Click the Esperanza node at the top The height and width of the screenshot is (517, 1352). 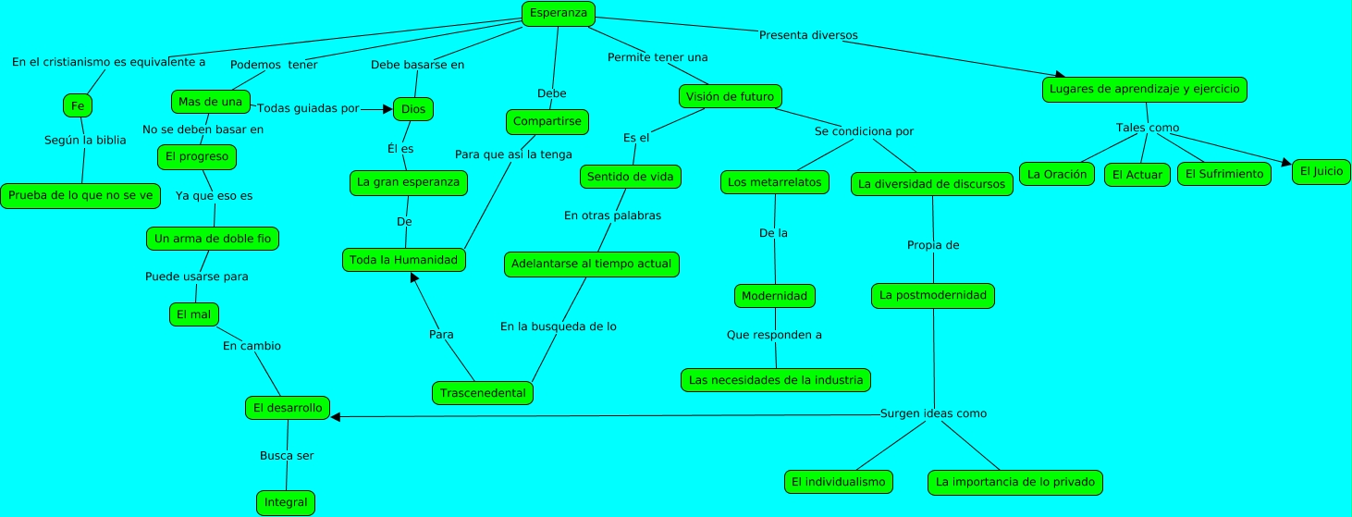point(558,13)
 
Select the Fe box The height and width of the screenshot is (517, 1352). point(78,105)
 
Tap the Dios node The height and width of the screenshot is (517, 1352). point(413,109)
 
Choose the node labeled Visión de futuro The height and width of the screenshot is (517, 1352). point(731,96)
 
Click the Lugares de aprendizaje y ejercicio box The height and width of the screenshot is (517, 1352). point(1145,89)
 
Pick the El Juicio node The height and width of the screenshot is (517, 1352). point(1321,171)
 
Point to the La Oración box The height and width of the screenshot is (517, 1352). point(1057,174)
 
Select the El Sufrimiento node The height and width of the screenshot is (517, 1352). point(1223,174)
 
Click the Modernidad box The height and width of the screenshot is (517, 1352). point(775,296)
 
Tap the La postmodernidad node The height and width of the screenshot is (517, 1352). point(933,296)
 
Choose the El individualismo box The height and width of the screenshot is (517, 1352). point(839,482)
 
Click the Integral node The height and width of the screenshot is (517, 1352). point(286,502)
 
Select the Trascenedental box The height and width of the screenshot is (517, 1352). point(483,393)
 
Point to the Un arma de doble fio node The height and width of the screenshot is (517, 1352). point(213,239)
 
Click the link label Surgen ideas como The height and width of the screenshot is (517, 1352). point(933,413)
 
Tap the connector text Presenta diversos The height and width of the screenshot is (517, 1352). point(808,35)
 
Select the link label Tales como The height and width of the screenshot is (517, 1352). point(1148,128)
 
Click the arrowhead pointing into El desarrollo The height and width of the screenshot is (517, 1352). point(336,417)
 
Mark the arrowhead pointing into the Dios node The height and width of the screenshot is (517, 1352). point(388,109)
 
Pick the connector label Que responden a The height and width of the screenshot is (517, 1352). point(775,335)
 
